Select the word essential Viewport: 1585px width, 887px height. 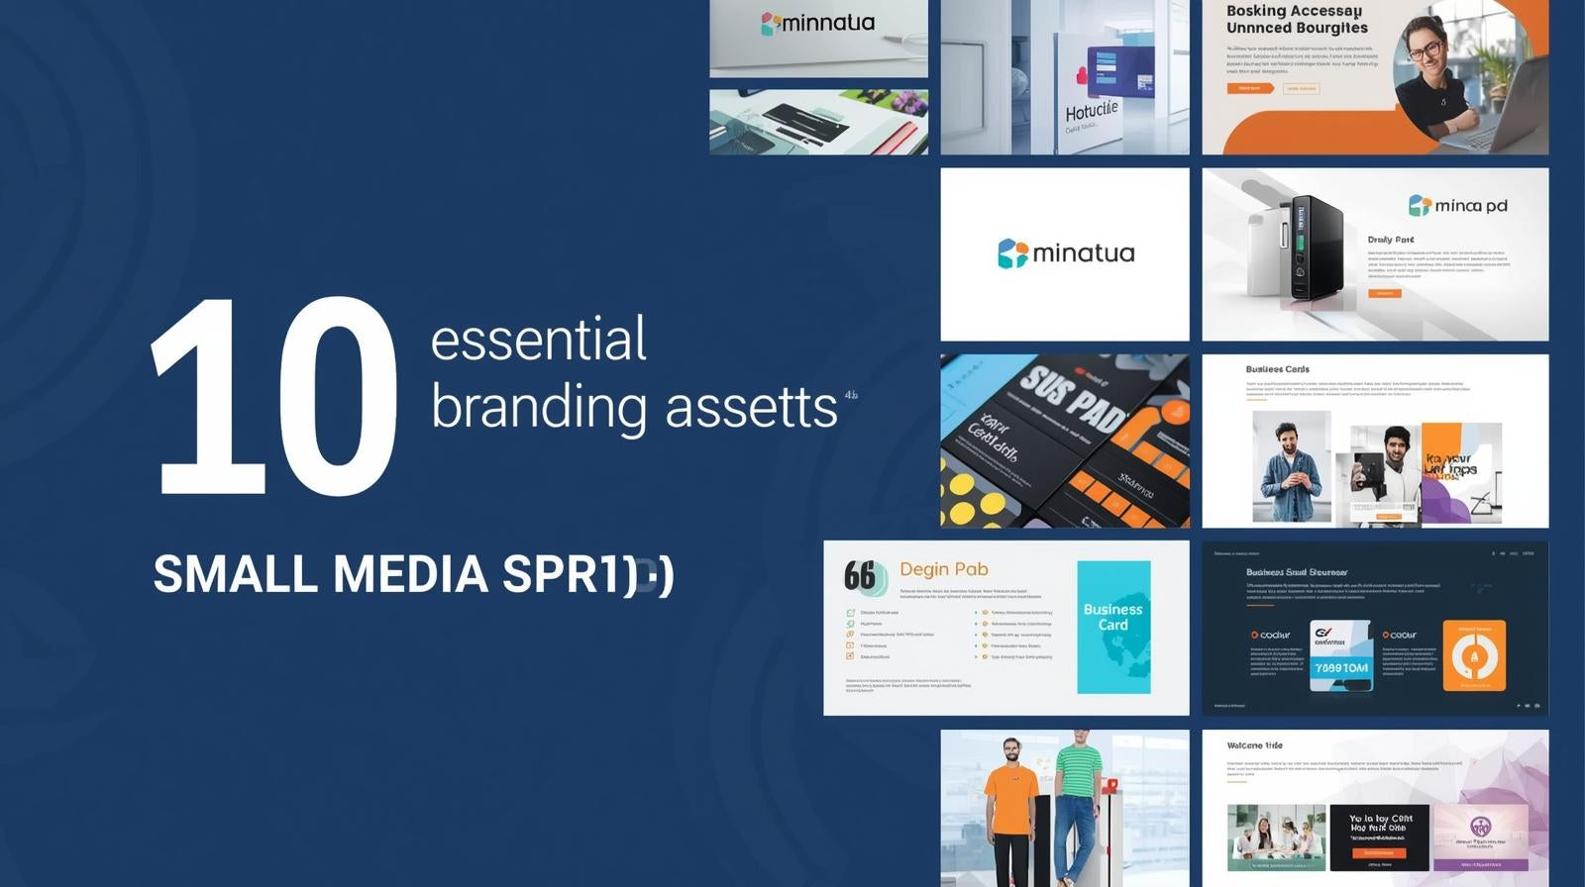[x=538, y=340]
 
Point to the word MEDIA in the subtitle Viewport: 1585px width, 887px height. [x=409, y=574]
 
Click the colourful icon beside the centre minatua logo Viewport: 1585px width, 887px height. [x=1012, y=253]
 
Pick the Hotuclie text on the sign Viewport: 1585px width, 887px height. [x=1091, y=110]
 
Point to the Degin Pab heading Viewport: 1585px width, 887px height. [x=943, y=569]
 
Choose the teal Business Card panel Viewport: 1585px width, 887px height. [x=1113, y=627]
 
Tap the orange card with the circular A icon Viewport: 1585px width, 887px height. [x=1474, y=655]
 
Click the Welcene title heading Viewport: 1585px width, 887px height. [x=1254, y=745]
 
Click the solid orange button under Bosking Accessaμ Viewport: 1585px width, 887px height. [x=1250, y=88]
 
